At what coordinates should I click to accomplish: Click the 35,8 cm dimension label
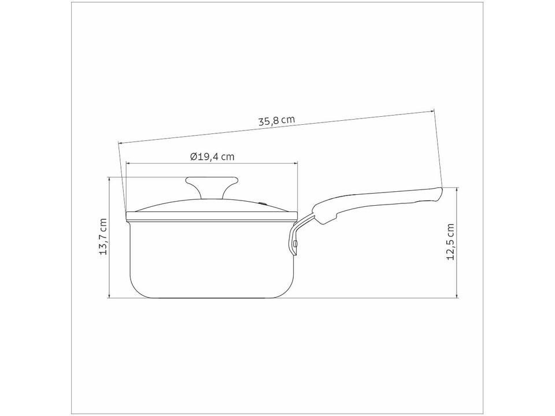tap(276, 120)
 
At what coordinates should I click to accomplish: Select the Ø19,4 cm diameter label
tap(212, 157)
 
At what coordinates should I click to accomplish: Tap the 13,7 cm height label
tap(103, 237)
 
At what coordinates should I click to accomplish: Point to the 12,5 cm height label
tap(450, 242)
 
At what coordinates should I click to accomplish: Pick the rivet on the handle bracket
tap(295, 243)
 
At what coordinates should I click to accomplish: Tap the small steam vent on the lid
tap(264, 203)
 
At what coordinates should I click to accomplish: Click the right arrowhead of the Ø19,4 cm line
tap(295, 163)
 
